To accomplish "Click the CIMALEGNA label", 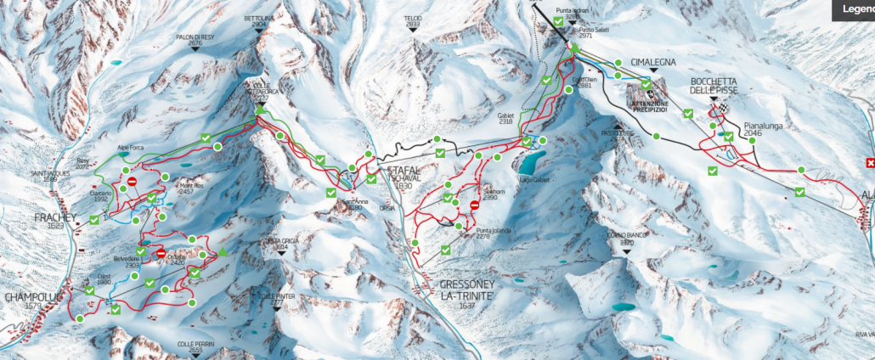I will [652, 62].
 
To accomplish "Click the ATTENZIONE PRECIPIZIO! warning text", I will [647, 107].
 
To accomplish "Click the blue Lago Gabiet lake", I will [531, 160].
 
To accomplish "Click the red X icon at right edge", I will [869, 163].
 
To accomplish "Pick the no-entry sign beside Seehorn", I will [474, 204].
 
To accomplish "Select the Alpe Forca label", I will [132, 147].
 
